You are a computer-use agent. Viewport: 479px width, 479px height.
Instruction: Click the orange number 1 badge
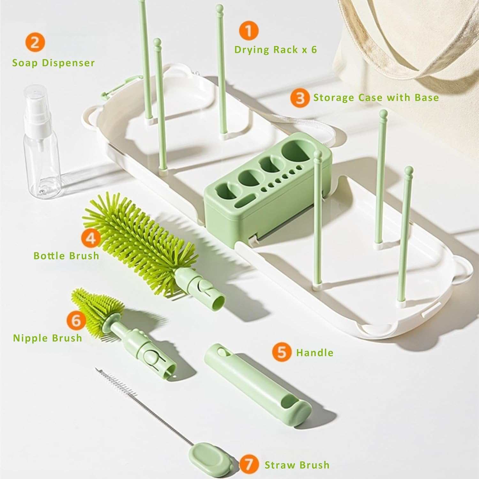click(248, 31)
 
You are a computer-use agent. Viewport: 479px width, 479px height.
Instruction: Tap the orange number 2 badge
click(35, 42)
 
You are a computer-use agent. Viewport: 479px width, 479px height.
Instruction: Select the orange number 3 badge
click(300, 98)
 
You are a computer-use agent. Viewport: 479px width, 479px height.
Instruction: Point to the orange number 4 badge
click(91, 238)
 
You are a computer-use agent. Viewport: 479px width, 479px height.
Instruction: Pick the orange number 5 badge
click(282, 352)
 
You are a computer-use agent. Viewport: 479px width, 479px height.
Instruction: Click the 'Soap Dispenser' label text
click(53, 63)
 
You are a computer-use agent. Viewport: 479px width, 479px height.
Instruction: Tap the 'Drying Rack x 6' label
click(276, 50)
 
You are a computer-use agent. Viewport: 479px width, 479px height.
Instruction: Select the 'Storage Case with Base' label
click(376, 98)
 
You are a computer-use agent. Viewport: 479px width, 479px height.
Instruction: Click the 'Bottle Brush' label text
click(66, 256)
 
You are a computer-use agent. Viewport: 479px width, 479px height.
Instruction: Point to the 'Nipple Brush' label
click(48, 338)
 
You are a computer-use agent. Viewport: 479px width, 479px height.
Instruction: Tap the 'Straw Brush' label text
click(297, 465)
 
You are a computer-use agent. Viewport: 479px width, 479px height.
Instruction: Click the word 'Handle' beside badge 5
click(315, 353)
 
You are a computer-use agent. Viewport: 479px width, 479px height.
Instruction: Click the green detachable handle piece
click(255, 383)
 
